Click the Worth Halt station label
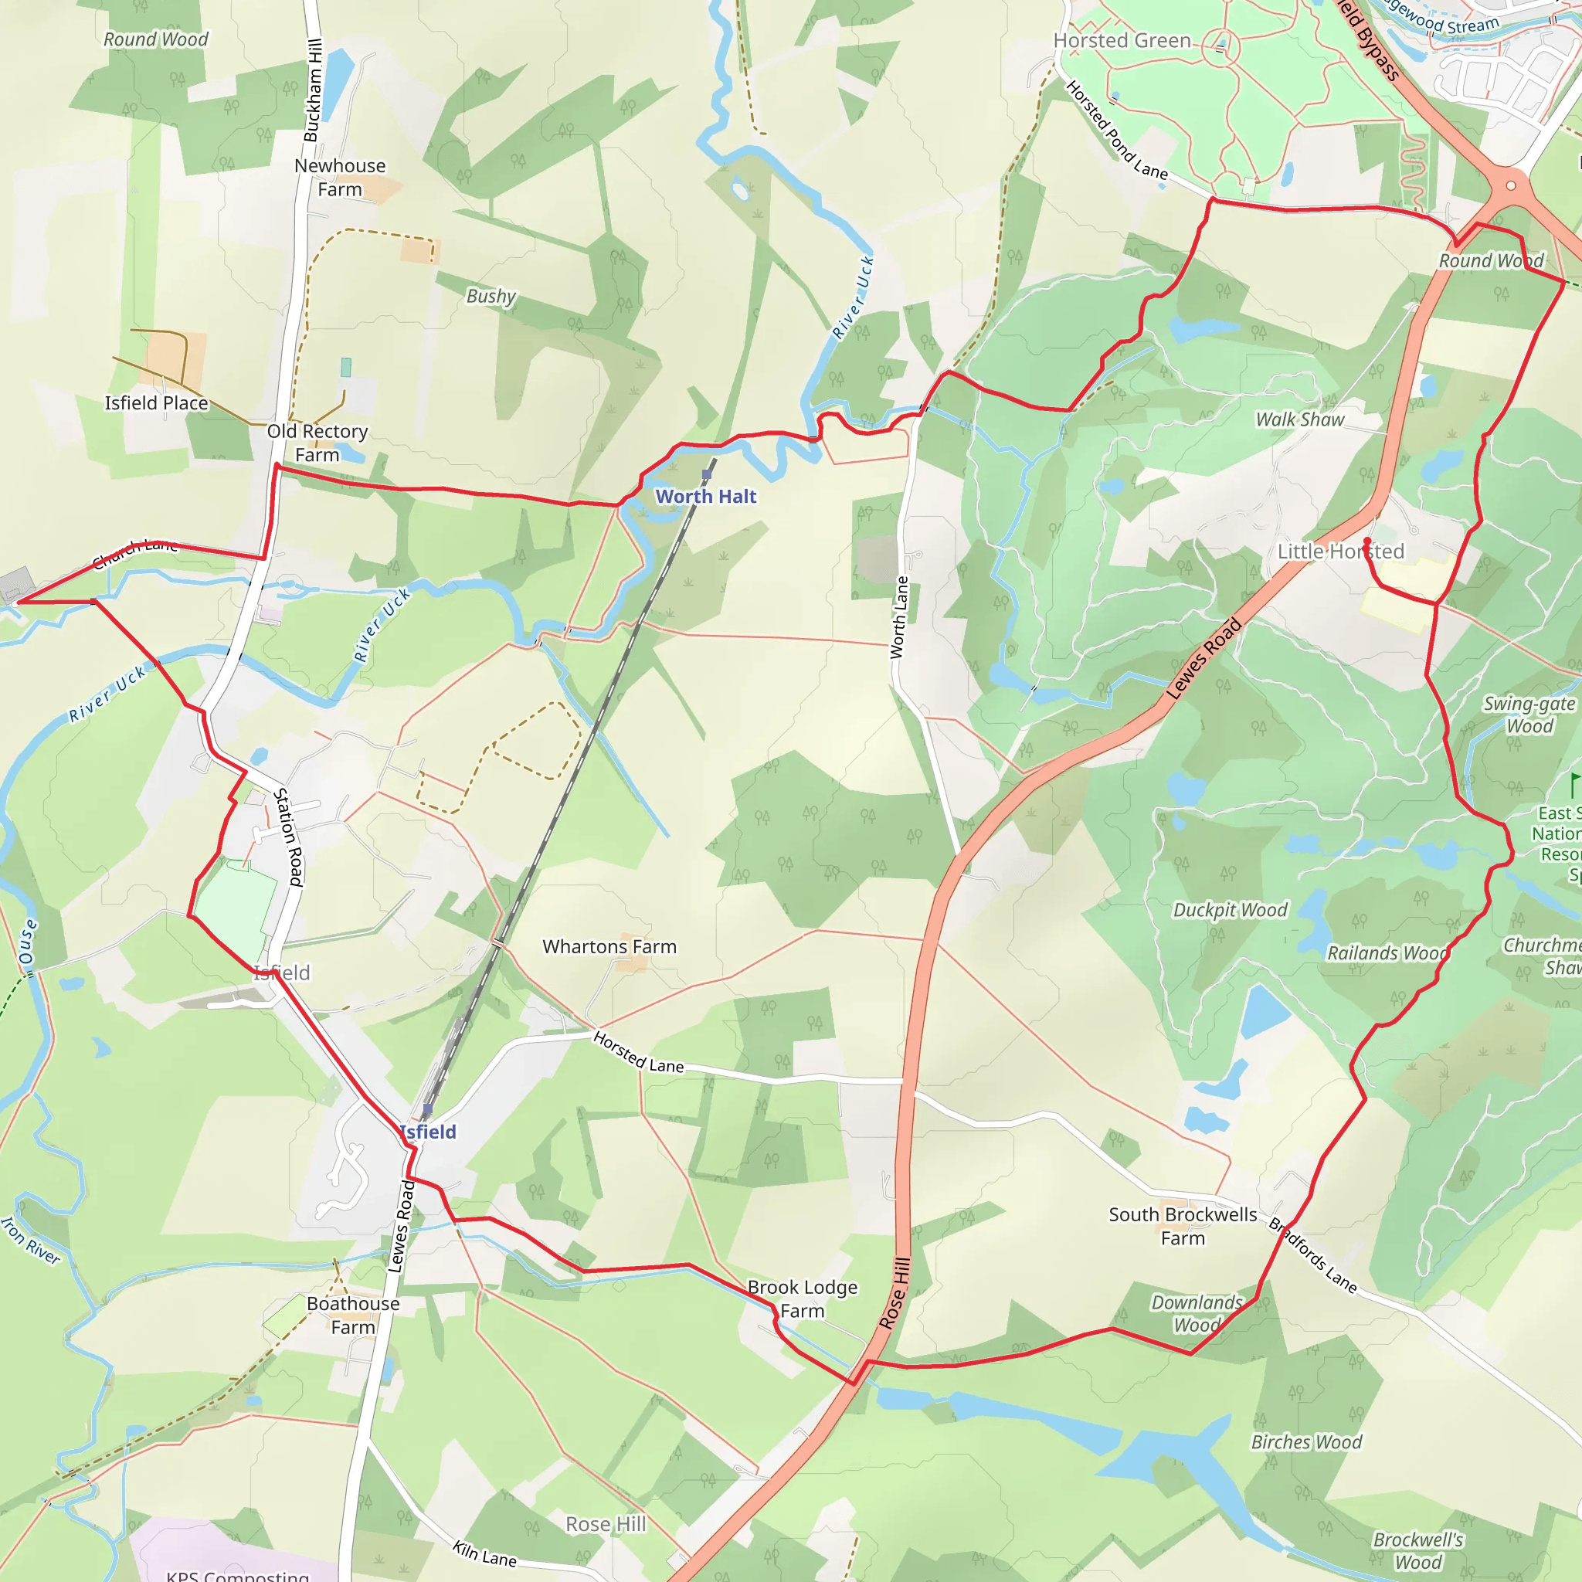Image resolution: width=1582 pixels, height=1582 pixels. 706,496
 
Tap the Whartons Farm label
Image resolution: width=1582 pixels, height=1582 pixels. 609,946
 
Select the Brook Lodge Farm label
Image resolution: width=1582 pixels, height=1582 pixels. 803,1299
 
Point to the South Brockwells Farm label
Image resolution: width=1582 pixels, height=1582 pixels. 1183,1226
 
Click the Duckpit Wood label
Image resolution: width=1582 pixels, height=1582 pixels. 1230,910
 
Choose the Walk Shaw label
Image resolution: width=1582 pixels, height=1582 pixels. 1299,419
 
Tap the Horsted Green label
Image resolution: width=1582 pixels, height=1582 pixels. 1122,40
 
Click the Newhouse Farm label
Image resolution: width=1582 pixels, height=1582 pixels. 340,177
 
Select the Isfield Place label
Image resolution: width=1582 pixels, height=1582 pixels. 156,403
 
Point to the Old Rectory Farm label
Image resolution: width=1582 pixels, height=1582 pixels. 317,442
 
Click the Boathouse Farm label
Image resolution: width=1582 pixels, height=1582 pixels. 353,1315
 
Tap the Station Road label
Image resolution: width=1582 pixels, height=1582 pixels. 288,837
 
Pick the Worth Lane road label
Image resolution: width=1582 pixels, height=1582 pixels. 900,617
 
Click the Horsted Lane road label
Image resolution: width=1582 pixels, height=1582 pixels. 638,1052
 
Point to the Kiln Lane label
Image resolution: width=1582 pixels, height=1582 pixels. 485,1553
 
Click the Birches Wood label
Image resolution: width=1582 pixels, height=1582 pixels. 1306,1442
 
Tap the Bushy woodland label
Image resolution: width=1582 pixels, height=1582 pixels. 491,296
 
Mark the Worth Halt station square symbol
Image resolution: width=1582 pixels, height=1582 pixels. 707,474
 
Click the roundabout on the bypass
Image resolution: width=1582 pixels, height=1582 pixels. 1511,185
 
